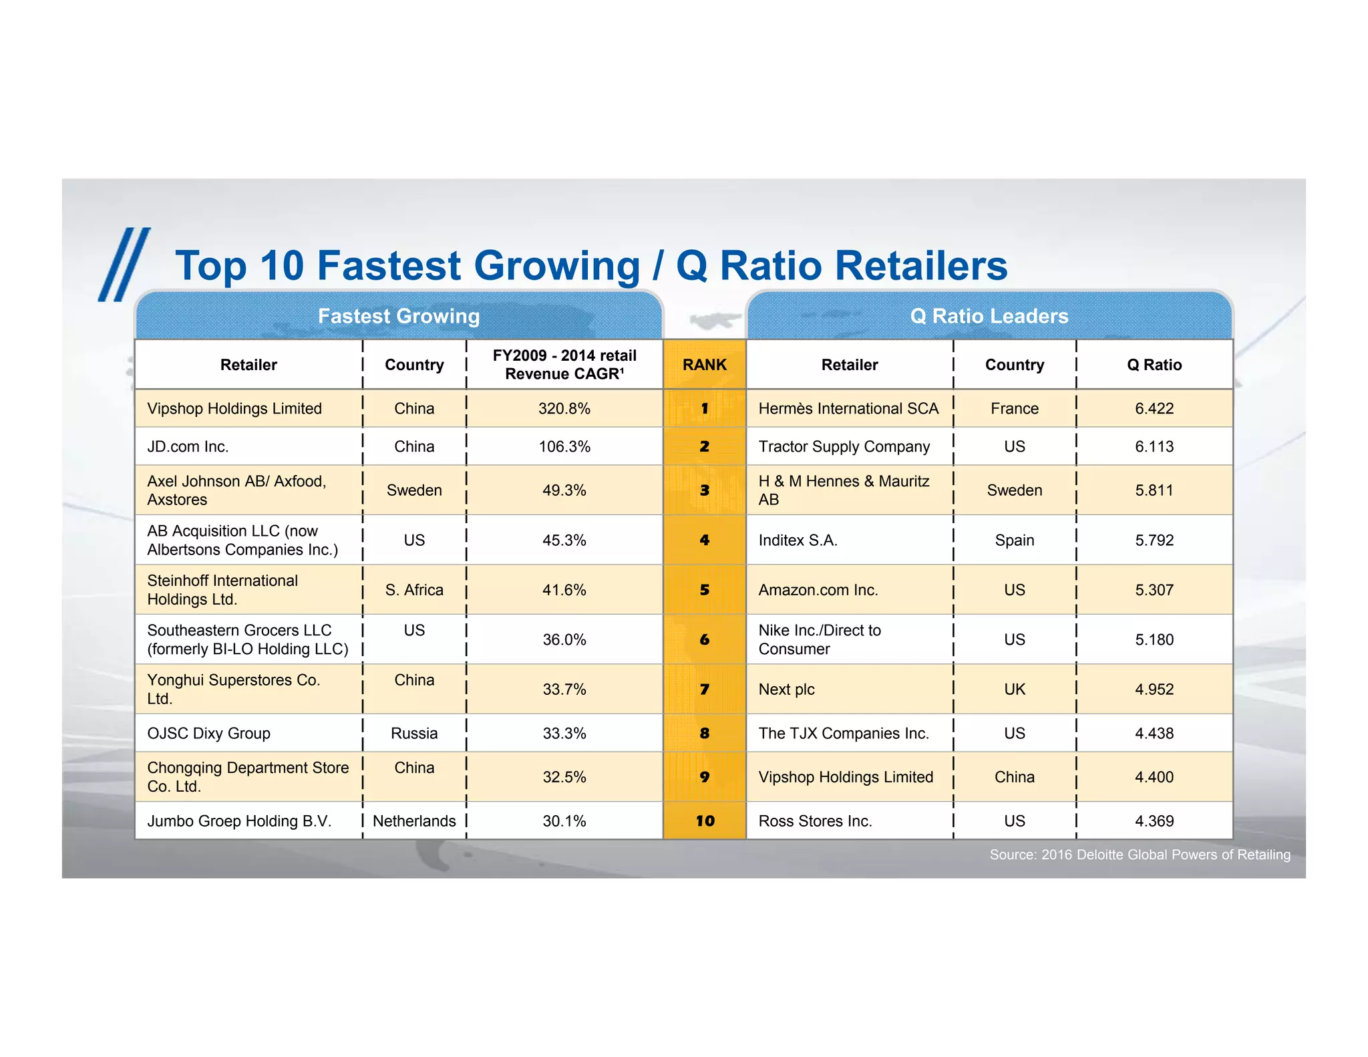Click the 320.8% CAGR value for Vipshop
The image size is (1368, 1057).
(564, 408)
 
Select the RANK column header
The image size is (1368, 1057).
(704, 365)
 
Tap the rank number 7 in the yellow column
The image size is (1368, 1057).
(704, 690)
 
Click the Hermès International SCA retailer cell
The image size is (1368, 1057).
(848, 408)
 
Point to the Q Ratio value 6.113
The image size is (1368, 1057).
(1154, 446)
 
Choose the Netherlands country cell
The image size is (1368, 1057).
(414, 821)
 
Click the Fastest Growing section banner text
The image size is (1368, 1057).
(399, 316)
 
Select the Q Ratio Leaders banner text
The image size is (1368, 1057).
(989, 316)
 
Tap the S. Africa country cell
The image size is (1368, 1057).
(414, 590)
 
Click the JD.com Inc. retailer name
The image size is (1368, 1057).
(188, 446)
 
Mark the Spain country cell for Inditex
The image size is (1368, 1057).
(1014, 540)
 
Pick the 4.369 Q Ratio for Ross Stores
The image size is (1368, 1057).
(1154, 821)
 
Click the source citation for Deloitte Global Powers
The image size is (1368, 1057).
(1140, 855)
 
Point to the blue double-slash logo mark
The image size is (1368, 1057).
(124, 265)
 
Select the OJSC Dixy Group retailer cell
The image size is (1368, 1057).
(208, 734)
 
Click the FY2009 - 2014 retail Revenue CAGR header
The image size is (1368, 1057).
(564, 365)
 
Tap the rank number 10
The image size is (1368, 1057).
(704, 821)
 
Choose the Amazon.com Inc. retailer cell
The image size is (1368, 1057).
(818, 590)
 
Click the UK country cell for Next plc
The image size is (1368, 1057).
(1014, 690)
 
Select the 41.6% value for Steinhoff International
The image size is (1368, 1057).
(564, 590)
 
